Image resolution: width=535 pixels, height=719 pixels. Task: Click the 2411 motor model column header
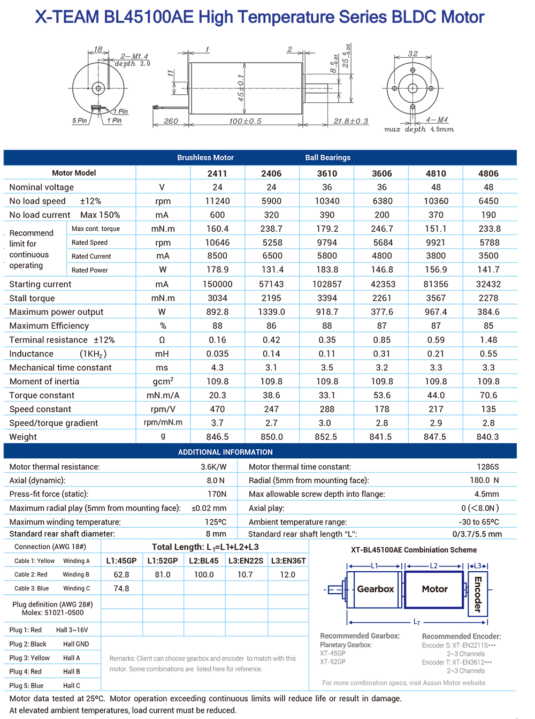click(217, 173)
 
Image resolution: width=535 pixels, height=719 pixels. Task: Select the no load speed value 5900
click(271, 201)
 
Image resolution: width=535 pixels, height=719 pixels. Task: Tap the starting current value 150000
click(217, 284)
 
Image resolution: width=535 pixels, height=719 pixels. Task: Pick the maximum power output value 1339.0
click(271, 312)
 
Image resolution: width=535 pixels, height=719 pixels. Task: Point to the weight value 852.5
click(326, 437)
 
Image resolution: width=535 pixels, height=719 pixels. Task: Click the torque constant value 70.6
click(488, 395)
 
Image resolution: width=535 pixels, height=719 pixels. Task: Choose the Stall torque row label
click(32, 298)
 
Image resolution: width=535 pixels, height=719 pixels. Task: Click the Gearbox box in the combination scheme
click(374, 589)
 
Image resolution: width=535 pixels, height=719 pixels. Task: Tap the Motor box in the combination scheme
click(434, 589)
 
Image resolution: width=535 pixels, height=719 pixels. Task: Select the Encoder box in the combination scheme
click(478, 594)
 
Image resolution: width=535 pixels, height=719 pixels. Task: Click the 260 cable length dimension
click(171, 122)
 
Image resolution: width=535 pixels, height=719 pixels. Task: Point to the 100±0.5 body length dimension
click(245, 122)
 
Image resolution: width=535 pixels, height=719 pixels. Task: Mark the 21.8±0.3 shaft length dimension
click(351, 122)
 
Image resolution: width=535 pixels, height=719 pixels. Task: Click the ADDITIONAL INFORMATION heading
click(225, 452)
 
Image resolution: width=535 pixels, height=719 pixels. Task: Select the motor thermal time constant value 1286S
click(487, 467)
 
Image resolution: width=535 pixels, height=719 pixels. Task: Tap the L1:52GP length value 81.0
click(163, 574)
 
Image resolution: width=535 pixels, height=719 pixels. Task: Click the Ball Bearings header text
click(328, 157)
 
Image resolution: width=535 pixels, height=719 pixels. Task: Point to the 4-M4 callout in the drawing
click(437, 120)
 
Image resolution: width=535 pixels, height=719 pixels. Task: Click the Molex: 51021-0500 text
click(52, 612)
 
